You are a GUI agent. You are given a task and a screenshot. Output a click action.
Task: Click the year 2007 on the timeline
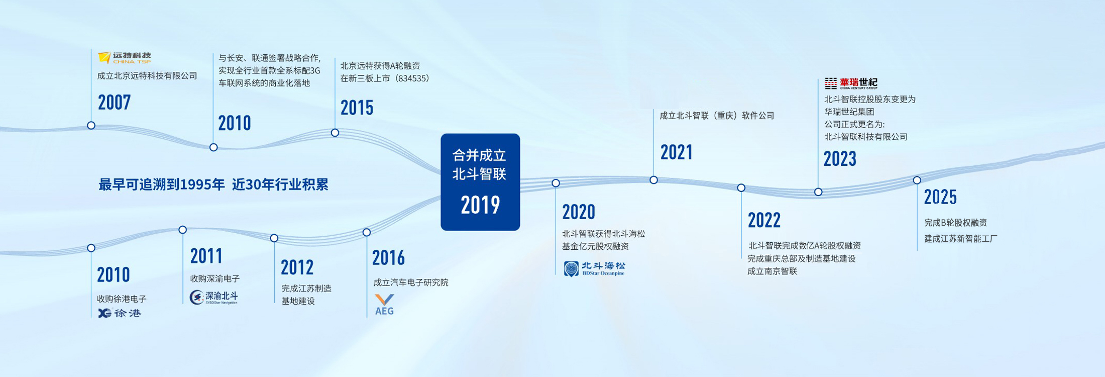click(114, 103)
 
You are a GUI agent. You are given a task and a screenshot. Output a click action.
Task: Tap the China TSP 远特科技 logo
click(125, 58)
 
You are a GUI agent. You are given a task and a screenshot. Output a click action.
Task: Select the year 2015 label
click(357, 108)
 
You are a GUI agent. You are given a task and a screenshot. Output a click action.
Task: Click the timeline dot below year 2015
click(335, 133)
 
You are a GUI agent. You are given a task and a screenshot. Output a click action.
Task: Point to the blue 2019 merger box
click(480, 182)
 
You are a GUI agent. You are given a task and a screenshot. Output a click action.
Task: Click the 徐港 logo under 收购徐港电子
click(120, 313)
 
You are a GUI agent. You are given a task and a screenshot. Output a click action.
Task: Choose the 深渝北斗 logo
click(214, 297)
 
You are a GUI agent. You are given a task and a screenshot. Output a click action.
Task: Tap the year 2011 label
click(206, 256)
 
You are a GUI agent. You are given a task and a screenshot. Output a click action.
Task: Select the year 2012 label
click(297, 267)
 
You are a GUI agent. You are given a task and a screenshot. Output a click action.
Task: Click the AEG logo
click(384, 305)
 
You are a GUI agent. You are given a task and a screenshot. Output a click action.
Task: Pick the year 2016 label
click(388, 258)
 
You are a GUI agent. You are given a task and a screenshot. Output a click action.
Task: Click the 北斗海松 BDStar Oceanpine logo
click(594, 269)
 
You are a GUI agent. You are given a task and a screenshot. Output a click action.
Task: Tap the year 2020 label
click(579, 212)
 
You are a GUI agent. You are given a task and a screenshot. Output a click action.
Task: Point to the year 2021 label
click(677, 152)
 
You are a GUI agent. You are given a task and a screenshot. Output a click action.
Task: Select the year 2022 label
click(764, 220)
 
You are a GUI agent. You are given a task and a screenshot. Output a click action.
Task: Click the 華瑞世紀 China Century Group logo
click(851, 83)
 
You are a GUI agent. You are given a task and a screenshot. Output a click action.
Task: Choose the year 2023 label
click(840, 159)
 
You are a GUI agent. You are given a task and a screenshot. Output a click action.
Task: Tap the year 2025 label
click(940, 197)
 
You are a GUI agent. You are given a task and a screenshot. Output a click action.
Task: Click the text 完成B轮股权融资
click(956, 223)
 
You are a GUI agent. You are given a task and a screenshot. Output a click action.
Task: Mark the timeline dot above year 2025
click(917, 180)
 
